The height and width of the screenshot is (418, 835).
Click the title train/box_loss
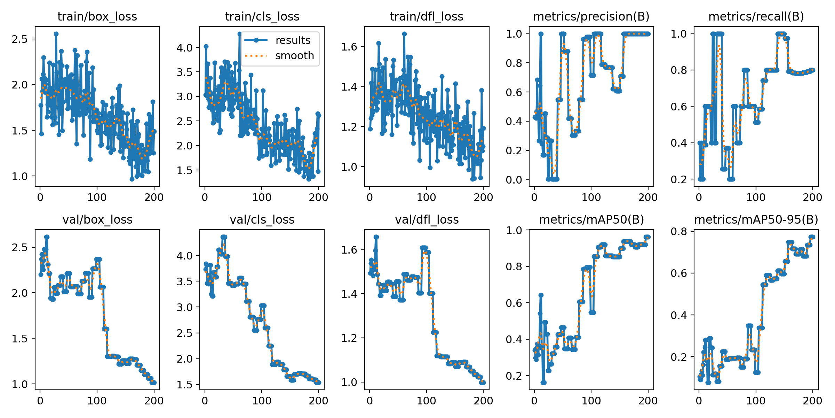(x=97, y=16)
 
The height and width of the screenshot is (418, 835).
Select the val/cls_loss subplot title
(x=262, y=219)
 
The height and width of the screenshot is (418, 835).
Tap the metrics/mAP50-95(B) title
(x=756, y=219)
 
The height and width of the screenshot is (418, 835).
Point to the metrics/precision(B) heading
(x=591, y=16)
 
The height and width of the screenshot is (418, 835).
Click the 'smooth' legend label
(x=294, y=56)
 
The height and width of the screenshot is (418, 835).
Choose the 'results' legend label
(x=293, y=40)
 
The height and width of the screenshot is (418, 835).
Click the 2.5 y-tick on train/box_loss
(x=19, y=39)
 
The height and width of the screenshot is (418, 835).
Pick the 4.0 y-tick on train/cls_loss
(x=184, y=48)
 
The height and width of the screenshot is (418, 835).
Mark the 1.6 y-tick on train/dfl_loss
(x=349, y=47)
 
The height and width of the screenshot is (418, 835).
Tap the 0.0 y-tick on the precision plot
(x=514, y=180)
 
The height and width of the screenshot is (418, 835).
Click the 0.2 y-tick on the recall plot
(x=679, y=179)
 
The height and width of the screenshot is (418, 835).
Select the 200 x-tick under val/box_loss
(x=154, y=401)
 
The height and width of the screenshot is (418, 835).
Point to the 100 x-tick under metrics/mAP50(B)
(x=591, y=401)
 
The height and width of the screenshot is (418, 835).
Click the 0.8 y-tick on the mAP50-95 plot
(x=679, y=231)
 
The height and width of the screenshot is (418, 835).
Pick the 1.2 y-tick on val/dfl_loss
(x=349, y=338)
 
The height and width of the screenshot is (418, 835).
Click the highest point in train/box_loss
(x=56, y=34)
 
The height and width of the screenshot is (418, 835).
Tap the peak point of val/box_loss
(x=47, y=237)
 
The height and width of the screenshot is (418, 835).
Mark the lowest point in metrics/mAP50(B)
(x=543, y=382)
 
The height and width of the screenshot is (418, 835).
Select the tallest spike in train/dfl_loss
(x=404, y=34)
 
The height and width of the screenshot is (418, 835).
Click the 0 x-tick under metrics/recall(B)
(x=699, y=198)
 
